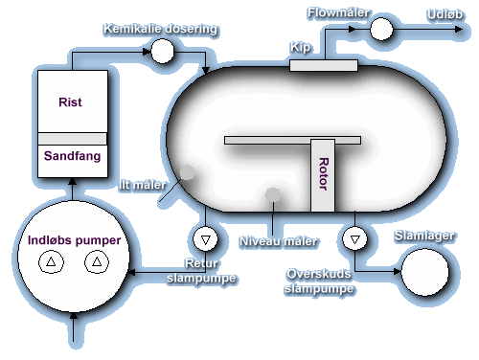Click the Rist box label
[71, 102]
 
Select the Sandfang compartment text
[71, 153]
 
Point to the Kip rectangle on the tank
[323, 65]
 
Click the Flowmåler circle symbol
[381, 30]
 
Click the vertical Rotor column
[323, 174]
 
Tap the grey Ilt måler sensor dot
[187, 172]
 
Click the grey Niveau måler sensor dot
[274, 195]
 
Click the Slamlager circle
[425, 272]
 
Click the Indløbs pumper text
[74, 239]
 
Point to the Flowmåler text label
[338, 12]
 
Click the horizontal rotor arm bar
[292, 141]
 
